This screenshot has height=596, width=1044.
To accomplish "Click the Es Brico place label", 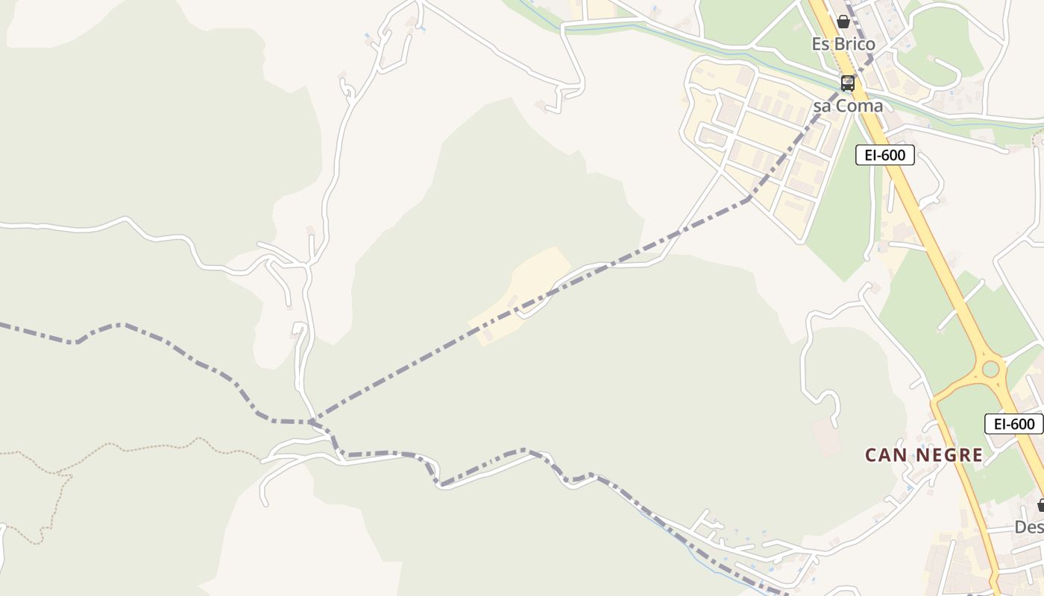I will click(x=843, y=44).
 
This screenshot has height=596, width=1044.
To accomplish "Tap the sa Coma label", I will click(x=847, y=106).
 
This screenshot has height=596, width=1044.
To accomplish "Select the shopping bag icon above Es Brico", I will click(x=843, y=22).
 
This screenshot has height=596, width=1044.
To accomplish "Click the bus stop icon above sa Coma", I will click(x=848, y=83).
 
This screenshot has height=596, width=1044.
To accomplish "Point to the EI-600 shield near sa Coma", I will click(x=884, y=155).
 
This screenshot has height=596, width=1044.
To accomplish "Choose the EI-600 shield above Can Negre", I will click(x=1013, y=424).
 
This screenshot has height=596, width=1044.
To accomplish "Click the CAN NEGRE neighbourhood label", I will click(x=924, y=454).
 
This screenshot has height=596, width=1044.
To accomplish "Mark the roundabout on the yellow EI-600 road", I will click(x=990, y=368).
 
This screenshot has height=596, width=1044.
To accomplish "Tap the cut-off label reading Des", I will click(x=1029, y=527).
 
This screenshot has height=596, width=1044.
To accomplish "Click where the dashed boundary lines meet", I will click(x=313, y=422).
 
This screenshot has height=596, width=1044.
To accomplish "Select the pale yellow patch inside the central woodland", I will click(x=522, y=294).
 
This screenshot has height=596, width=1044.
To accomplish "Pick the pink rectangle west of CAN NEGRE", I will click(x=826, y=438).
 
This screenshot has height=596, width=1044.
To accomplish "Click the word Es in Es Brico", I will click(x=820, y=44).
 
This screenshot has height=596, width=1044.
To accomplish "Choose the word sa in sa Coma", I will click(x=822, y=106).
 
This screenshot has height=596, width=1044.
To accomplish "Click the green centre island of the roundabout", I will click(x=990, y=368).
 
